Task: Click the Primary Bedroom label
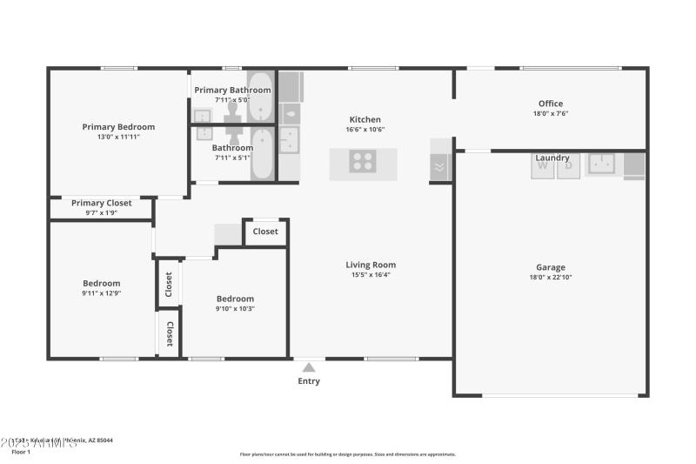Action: pyautogui.click(x=118, y=126)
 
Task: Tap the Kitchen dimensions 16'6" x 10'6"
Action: pyautogui.click(x=365, y=130)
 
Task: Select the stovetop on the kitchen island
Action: pyautogui.click(x=363, y=162)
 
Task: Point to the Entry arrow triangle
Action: pyautogui.click(x=309, y=367)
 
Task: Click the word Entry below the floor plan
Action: pyautogui.click(x=309, y=381)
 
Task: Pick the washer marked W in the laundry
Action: pyautogui.click(x=543, y=165)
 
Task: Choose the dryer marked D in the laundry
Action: pyautogui.click(x=568, y=165)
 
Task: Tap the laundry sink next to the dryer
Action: pyautogui.click(x=601, y=163)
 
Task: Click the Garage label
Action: pyautogui.click(x=551, y=267)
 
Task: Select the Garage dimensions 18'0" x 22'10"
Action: pyautogui.click(x=551, y=277)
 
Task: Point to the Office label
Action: pyautogui.click(x=551, y=104)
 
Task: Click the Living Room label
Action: pyautogui.click(x=371, y=265)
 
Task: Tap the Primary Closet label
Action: pyautogui.click(x=102, y=203)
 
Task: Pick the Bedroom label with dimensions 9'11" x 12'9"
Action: pyautogui.click(x=102, y=283)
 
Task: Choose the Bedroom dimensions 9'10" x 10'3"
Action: pyautogui.click(x=235, y=308)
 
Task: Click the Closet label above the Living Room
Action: pyautogui.click(x=265, y=232)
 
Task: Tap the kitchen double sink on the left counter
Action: pyautogui.click(x=288, y=139)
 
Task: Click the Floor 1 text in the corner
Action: pyautogui.click(x=21, y=452)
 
